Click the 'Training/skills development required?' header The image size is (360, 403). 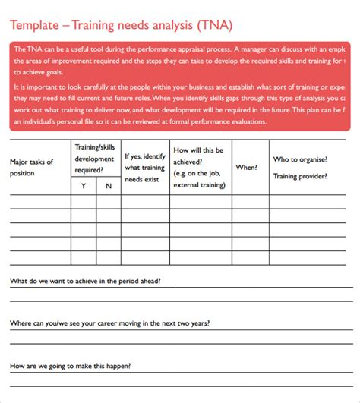96,159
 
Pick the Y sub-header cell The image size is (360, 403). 83,186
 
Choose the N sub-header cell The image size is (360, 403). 109,186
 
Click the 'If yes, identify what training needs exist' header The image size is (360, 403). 144,168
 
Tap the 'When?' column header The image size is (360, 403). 246,167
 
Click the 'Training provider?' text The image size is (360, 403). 300,176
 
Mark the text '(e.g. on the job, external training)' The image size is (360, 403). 198,178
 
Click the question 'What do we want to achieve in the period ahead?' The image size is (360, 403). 85,281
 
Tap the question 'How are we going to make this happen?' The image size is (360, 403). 71,366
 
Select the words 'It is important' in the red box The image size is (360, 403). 39,88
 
